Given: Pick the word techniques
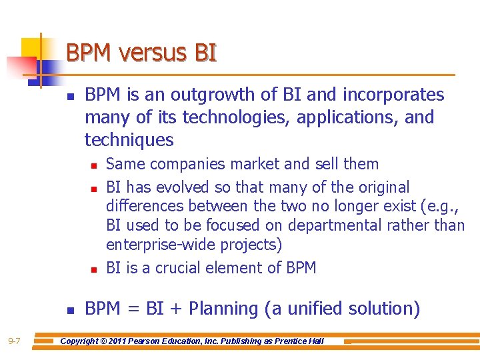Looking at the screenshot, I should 129,141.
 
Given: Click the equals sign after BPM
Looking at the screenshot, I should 133,309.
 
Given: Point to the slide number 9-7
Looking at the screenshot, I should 14,342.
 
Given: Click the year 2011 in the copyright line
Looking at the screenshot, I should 132,341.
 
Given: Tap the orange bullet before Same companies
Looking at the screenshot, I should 95,165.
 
